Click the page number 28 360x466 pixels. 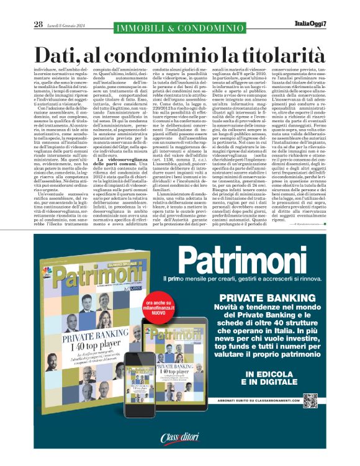(38, 24)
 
